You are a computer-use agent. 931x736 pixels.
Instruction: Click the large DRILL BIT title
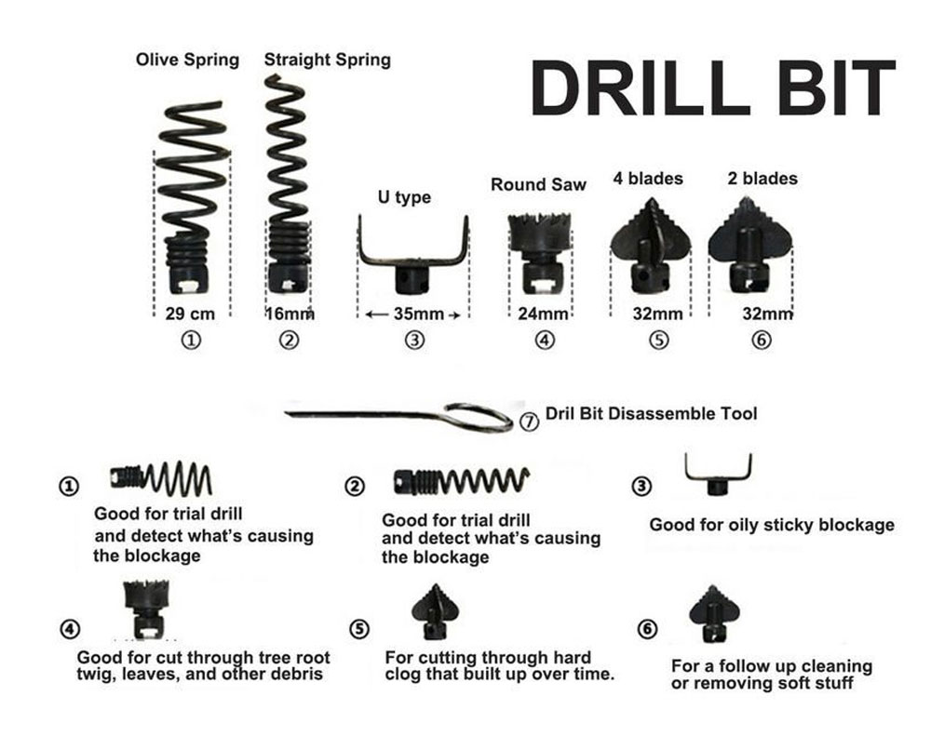click(712, 87)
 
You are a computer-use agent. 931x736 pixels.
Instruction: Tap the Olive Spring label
click(188, 60)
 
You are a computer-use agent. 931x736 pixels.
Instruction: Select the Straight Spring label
click(327, 60)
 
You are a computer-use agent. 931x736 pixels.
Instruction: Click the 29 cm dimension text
click(190, 314)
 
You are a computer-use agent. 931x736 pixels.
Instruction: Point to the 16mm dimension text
click(290, 314)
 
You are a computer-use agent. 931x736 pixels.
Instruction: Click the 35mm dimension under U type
click(419, 314)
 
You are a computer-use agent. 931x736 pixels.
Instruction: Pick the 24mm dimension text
click(544, 314)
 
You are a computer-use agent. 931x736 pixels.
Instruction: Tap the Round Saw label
click(538, 184)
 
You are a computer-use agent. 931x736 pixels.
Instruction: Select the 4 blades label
click(648, 179)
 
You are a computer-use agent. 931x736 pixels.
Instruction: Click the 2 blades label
click(763, 179)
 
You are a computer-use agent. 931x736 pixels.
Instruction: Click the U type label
click(404, 197)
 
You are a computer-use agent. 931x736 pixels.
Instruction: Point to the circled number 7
click(529, 422)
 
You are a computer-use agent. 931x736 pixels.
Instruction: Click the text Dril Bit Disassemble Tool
click(652, 414)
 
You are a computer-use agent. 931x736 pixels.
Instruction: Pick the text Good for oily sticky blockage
click(772, 526)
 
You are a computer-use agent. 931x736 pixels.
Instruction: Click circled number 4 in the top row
click(545, 341)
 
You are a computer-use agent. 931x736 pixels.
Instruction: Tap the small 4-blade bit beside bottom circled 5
click(435, 610)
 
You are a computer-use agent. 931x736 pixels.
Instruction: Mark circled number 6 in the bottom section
click(647, 629)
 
